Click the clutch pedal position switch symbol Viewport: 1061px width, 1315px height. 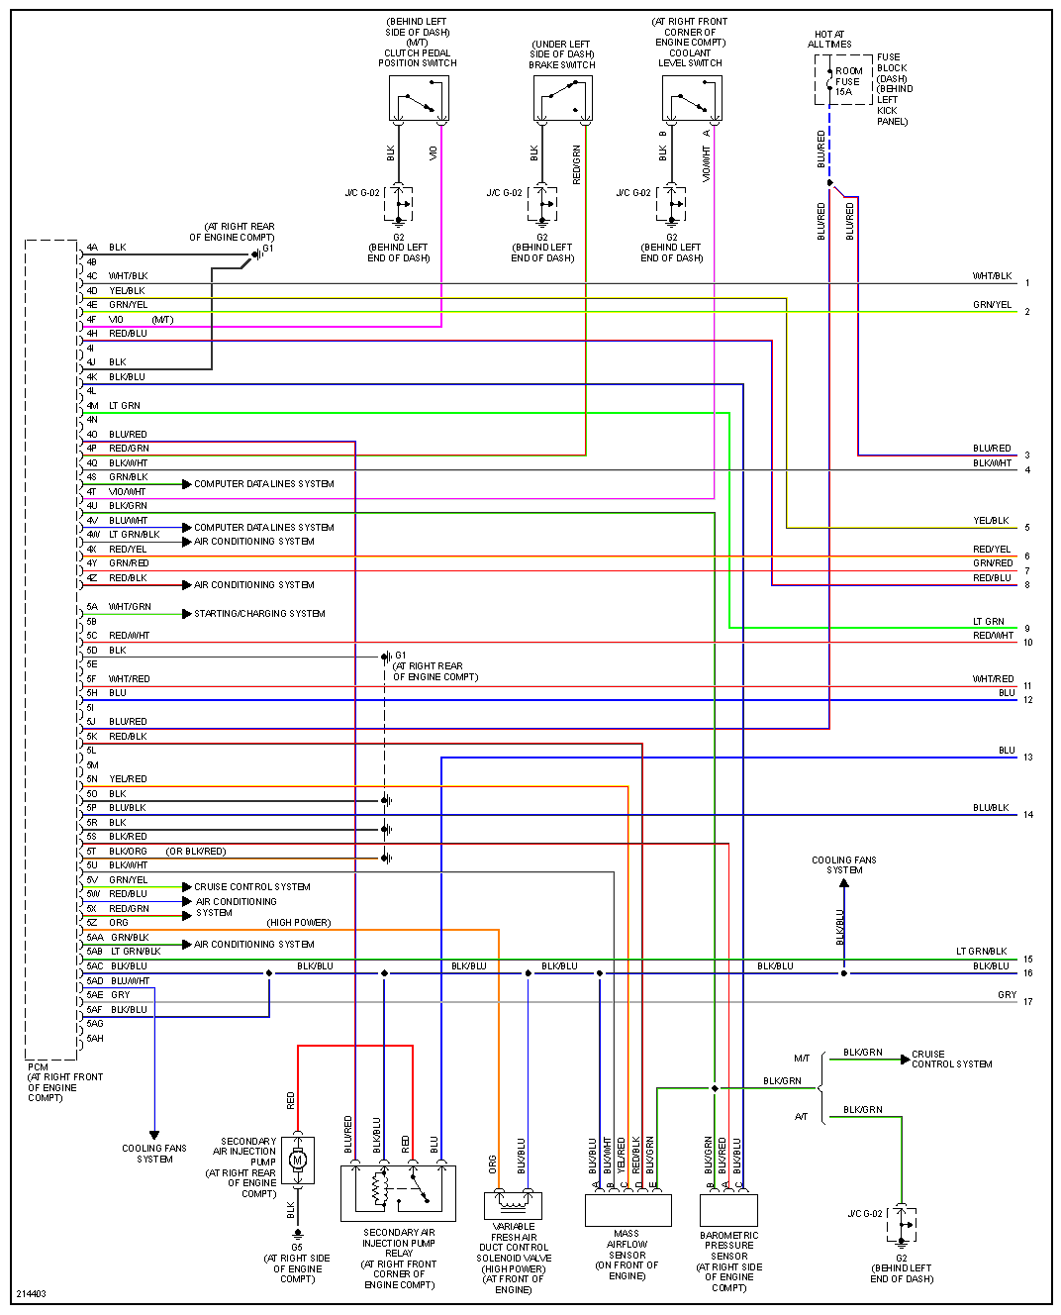click(x=419, y=99)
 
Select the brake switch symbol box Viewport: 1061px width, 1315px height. click(x=562, y=99)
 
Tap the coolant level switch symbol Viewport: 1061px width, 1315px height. click(x=691, y=99)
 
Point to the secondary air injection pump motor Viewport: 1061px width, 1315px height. click(x=298, y=1160)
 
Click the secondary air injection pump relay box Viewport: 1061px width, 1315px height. click(x=398, y=1192)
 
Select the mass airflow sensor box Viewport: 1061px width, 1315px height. click(x=627, y=1210)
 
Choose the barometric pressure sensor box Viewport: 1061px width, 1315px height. click(x=728, y=1210)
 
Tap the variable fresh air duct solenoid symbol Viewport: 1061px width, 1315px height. click(x=513, y=1204)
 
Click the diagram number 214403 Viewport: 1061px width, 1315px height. click(x=31, y=1294)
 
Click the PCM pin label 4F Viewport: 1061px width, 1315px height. click(x=92, y=320)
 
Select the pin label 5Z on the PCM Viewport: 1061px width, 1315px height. click(x=92, y=923)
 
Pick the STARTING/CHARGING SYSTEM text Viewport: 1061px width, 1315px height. click(x=259, y=614)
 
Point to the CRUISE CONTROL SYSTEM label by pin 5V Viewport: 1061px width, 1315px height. click(x=252, y=887)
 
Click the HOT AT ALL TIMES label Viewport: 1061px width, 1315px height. click(x=829, y=40)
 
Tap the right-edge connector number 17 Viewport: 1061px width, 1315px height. click(x=1028, y=1002)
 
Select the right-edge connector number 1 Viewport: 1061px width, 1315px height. click(x=1027, y=283)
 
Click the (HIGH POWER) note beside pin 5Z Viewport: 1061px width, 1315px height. click(x=298, y=923)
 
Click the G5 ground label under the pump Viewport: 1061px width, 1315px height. click(x=297, y=1248)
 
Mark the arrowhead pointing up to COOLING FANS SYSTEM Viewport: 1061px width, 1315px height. click(x=844, y=883)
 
